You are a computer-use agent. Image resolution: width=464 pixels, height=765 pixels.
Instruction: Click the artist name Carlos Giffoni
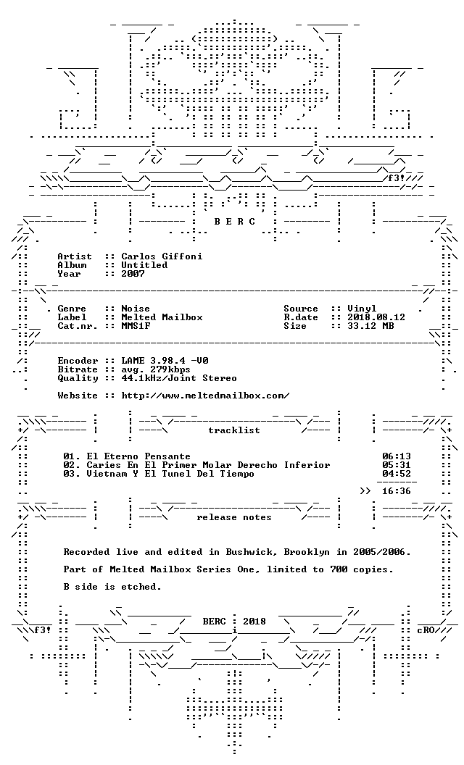pyautogui.click(x=162, y=256)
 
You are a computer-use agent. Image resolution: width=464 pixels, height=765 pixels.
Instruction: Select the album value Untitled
pyautogui.click(x=144, y=265)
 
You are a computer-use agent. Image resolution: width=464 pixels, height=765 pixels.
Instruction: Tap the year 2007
pyautogui.click(x=133, y=274)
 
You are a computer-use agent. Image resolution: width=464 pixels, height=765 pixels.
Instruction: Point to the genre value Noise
pyautogui.click(x=136, y=309)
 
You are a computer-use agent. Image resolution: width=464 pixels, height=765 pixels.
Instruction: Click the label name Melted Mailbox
pyautogui.click(x=162, y=317)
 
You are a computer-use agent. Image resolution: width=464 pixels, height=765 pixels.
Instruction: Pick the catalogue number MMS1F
pyautogui.click(x=136, y=326)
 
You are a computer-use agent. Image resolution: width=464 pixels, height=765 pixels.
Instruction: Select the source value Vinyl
pyautogui.click(x=362, y=309)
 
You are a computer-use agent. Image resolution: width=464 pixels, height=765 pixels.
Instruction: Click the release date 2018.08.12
pyautogui.click(x=376, y=317)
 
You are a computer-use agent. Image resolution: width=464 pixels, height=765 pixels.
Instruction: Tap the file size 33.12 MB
pyautogui.click(x=370, y=326)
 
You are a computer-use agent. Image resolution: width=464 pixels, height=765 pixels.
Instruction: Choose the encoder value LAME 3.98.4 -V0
pyautogui.click(x=165, y=361)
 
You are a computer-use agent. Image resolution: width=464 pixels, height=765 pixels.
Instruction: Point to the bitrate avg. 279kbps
pyautogui.click(x=156, y=369)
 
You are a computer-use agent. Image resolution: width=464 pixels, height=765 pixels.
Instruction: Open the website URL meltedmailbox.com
pyautogui.click(x=205, y=396)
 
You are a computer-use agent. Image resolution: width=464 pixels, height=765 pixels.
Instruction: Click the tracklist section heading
pyautogui.click(x=234, y=430)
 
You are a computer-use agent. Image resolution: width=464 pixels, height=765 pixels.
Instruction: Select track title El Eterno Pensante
pyautogui.click(x=138, y=456)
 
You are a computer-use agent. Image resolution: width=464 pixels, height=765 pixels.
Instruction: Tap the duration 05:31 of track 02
pyautogui.click(x=396, y=465)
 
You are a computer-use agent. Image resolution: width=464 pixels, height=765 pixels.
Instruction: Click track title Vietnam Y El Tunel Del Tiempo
pyautogui.click(x=170, y=474)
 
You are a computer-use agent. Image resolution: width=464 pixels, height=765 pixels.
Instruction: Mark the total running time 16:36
pyautogui.click(x=396, y=491)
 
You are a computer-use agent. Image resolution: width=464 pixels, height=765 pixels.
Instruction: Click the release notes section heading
pyautogui.click(x=234, y=517)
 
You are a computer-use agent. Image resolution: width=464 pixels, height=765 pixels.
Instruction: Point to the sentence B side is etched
pyautogui.click(x=112, y=587)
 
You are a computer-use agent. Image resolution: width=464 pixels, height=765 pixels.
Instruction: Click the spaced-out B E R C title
pyautogui.click(x=234, y=222)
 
